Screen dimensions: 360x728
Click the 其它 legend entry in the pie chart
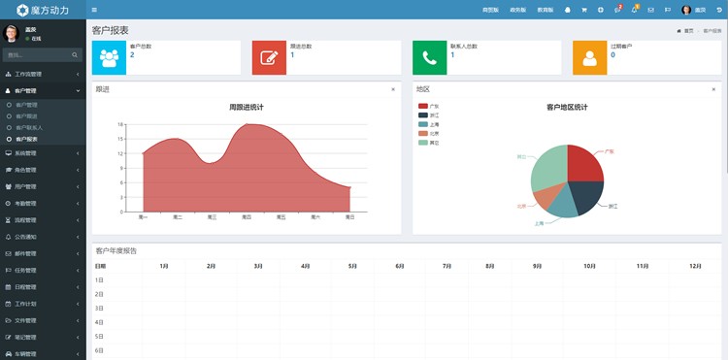click(x=428, y=143)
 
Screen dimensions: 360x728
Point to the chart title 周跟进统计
click(x=246, y=107)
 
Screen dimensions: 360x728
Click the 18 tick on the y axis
click(x=120, y=125)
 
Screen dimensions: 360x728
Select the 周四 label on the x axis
click(x=247, y=217)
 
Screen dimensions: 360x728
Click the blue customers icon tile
click(x=109, y=57)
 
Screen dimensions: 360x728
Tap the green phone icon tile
click(x=429, y=57)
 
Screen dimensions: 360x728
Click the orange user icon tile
click(x=589, y=57)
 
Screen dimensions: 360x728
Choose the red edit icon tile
click(x=269, y=57)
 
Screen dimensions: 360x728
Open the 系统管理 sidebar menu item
click(x=26, y=153)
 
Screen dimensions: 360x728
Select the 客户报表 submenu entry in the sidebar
click(x=27, y=139)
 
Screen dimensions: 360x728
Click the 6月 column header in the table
click(x=400, y=265)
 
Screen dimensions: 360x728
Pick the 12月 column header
click(x=695, y=265)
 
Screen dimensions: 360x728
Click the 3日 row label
click(x=99, y=308)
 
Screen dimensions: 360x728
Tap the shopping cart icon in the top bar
click(x=583, y=10)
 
